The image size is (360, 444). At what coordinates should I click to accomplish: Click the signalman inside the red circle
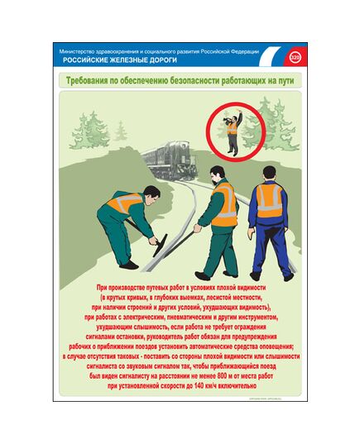(x=234, y=130)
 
